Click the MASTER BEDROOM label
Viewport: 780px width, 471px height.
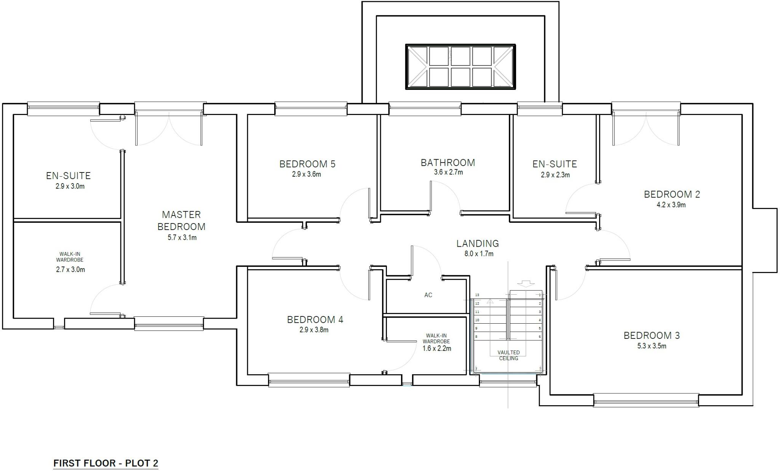(181, 220)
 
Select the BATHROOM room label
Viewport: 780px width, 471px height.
(448, 163)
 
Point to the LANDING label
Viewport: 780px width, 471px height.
(478, 243)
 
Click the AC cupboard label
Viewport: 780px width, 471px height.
(428, 295)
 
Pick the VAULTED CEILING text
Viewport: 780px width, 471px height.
(508, 355)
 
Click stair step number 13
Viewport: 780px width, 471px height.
(477, 295)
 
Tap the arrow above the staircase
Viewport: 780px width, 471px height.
(526, 284)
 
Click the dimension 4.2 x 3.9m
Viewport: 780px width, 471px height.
(671, 205)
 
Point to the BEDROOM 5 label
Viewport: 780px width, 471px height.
(307, 164)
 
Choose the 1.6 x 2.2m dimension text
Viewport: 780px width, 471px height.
(437, 348)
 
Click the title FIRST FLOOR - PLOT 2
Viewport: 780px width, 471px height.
(105, 463)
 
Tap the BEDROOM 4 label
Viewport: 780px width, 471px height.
(315, 320)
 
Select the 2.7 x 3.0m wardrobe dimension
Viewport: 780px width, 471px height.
(70, 270)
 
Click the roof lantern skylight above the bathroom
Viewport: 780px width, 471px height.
(460, 67)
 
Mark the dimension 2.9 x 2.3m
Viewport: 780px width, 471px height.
(555, 175)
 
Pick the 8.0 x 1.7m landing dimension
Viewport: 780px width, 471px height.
(479, 254)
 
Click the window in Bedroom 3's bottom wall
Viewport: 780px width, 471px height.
(646, 400)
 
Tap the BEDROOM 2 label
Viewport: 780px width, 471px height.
(672, 194)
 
